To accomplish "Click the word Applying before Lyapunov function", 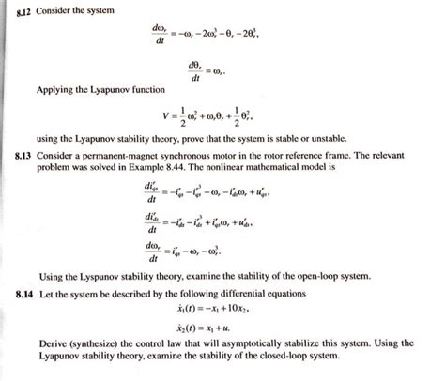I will pos(55,89).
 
